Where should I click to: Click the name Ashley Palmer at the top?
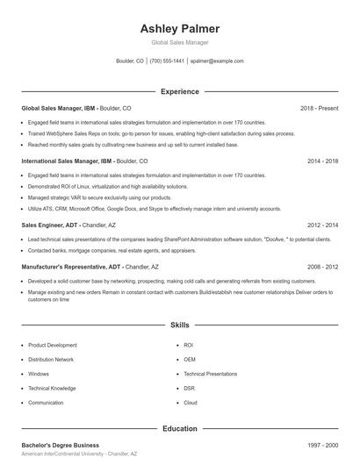[x=179, y=29]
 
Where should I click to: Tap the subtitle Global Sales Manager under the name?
[x=179, y=43]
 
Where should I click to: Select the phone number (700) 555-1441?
[x=167, y=61]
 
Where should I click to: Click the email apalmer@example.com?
[x=217, y=61]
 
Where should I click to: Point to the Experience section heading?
[x=179, y=91]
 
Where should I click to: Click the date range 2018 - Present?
[x=319, y=108]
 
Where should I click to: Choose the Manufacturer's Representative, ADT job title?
[x=72, y=266]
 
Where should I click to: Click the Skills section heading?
[x=179, y=325]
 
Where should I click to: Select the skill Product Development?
[x=53, y=346]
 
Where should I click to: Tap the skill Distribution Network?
[x=51, y=360]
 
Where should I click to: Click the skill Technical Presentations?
[x=210, y=374]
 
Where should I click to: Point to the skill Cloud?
[x=191, y=403]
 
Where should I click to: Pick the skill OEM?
[x=190, y=360]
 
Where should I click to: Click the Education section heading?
[x=179, y=429]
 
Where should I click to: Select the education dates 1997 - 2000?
[x=322, y=446]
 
